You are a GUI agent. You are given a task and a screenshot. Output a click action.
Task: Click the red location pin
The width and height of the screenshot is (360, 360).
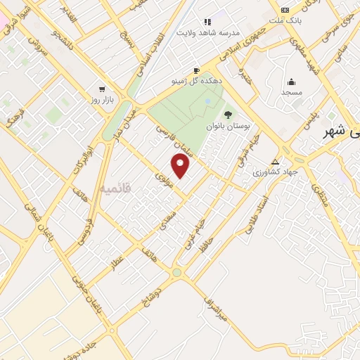click(x=181, y=166)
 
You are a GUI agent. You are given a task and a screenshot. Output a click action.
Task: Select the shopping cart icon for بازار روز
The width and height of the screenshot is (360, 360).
click(x=103, y=89)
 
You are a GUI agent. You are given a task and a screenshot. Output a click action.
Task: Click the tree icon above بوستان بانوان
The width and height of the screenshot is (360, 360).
click(x=227, y=115)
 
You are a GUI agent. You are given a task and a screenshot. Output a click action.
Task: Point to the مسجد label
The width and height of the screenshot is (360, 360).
click(x=291, y=92)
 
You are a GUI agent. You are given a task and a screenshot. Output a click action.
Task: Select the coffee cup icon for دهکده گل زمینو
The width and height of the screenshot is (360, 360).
click(x=196, y=71)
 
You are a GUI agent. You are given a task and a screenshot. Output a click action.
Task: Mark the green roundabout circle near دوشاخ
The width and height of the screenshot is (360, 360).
click(x=176, y=273)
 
